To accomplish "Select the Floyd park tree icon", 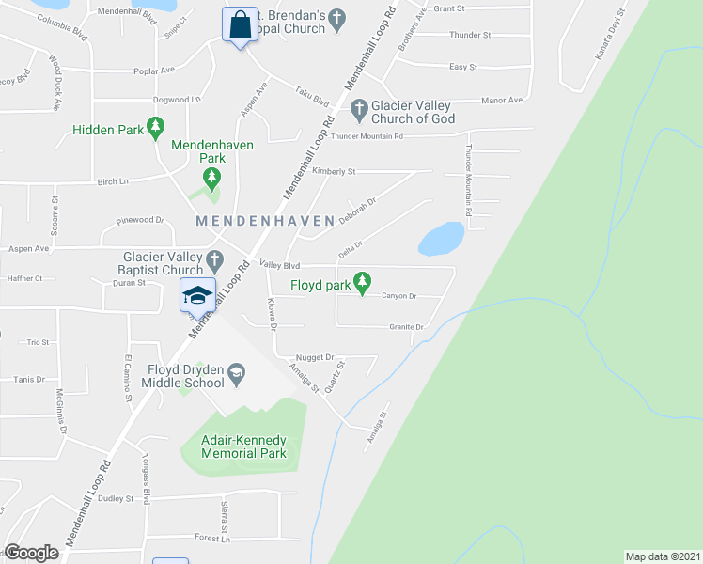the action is [361, 282].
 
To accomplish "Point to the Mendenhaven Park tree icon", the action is [212, 178].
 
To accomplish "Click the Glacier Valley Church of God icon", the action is [359, 111].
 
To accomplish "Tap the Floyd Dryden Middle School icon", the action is [236, 374].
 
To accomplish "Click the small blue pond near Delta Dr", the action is [441, 239].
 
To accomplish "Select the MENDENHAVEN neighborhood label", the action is [265, 221].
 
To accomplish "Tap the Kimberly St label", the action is [335, 172].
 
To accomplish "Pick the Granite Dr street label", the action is [407, 327].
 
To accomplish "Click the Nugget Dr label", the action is [315, 358].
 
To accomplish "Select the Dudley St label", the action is [116, 499].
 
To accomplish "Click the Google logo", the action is [31, 553].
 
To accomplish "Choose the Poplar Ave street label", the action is [156, 70].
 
